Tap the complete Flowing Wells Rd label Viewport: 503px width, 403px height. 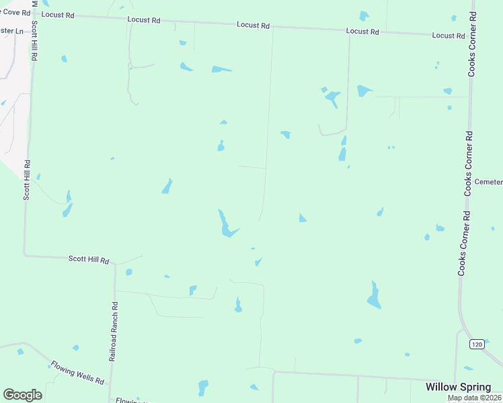coord(77,373)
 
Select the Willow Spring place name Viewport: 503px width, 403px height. coord(458,387)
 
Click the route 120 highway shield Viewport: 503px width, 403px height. coord(476,345)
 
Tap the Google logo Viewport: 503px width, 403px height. coord(22,395)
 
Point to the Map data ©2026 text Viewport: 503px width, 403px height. coord(474,398)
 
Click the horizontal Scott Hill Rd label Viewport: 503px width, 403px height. coord(89,259)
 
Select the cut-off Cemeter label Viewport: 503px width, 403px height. coord(488,182)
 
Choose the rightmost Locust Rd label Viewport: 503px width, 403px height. coord(449,35)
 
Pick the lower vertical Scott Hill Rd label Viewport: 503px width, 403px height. coord(28,180)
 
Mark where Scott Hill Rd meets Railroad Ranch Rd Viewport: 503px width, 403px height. coord(115,263)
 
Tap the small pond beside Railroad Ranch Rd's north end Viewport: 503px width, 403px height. coord(128,272)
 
